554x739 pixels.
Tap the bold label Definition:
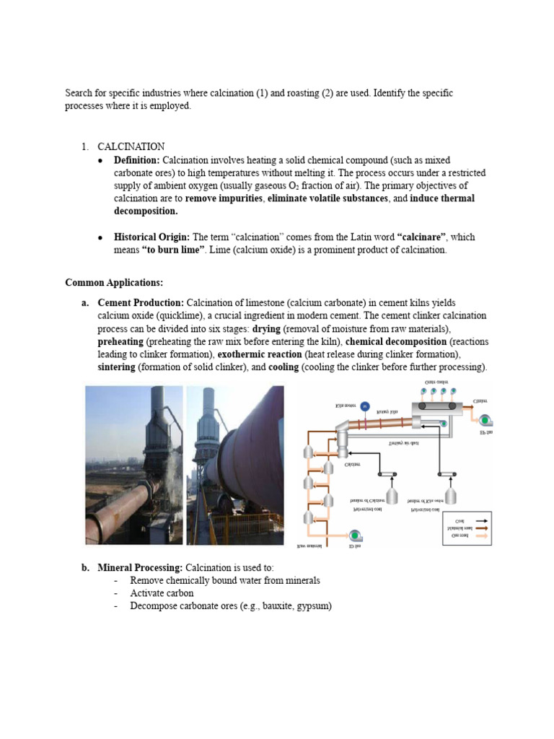138,159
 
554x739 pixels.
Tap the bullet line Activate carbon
162,593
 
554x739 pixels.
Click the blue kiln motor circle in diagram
365,407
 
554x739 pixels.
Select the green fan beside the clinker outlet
486,421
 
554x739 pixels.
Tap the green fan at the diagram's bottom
355,535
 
